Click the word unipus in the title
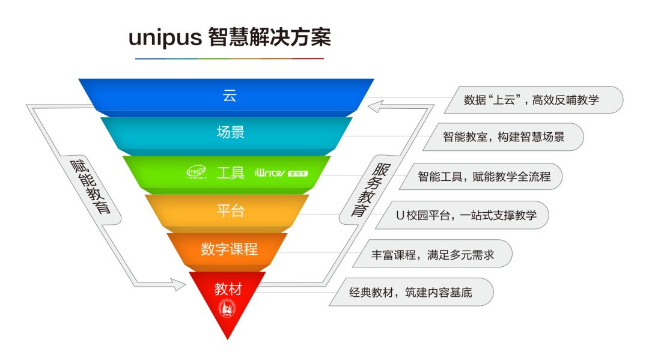[x=164, y=38]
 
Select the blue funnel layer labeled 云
[x=228, y=95]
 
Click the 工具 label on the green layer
[x=230, y=173]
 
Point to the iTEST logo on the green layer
[x=197, y=173]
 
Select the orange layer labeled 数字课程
[x=229, y=249]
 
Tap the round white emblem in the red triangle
[x=227, y=309]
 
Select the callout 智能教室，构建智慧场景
[x=504, y=137]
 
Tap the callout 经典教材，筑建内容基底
[x=412, y=293]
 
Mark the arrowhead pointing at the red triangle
[x=179, y=284]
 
